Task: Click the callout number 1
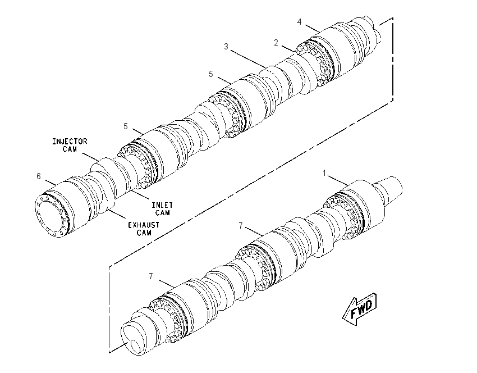pyautogui.click(x=324, y=173)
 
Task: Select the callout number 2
pyautogui.click(x=276, y=43)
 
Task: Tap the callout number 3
pyautogui.click(x=226, y=47)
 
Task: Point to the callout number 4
pyautogui.click(x=299, y=22)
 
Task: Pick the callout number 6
pyautogui.click(x=39, y=176)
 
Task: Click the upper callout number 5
pyautogui.click(x=211, y=74)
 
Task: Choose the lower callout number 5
pyautogui.click(x=126, y=126)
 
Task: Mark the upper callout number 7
pyautogui.click(x=241, y=226)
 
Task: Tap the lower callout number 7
pyautogui.click(x=151, y=276)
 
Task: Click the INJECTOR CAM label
pyautogui.click(x=70, y=145)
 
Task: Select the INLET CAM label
pyautogui.click(x=162, y=209)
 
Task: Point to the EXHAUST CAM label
pyautogui.click(x=144, y=229)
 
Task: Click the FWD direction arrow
pyautogui.click(x=360, y=309)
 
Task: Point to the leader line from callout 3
pyautogui.click(x=247, y=59)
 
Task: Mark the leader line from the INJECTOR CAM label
pyautogui.click(x=90, y=157)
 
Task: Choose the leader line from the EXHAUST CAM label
pyautogui.click(x=117, y=214)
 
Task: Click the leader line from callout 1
pyautogui.click(x=338, y=180)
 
